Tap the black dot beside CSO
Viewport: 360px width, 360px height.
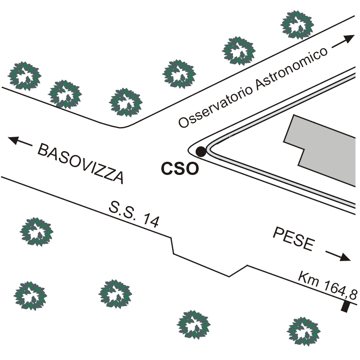coord(200,152)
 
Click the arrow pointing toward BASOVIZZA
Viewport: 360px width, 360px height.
coord(20,142)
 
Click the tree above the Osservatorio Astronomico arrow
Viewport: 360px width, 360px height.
coord(298,24)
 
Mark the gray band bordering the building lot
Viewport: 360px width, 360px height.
coord(281,110)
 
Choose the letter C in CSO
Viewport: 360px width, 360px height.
coord(167,169)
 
